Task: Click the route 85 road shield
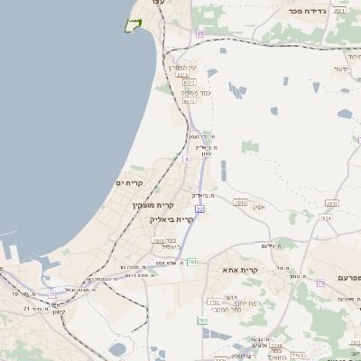[200, 33]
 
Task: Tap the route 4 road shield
[186, 159]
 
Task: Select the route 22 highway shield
[199, 208]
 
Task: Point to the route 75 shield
[51, 294]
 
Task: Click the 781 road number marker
[192, 262]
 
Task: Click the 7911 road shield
[158, 241]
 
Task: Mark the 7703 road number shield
[275, 345]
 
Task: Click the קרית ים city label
[129, 183]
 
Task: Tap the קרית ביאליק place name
[172, 219]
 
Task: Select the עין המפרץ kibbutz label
[180, 68]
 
